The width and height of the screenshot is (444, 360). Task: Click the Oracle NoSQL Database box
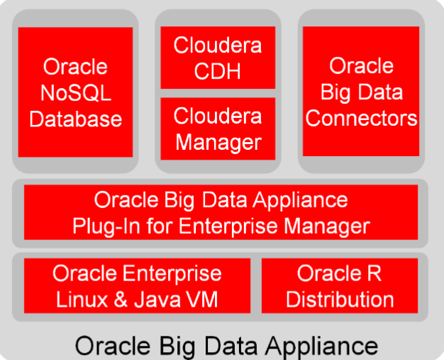coord(75,92)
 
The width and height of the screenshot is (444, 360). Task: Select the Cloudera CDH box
coord(218,58)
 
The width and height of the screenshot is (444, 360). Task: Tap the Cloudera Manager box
coord(218,129)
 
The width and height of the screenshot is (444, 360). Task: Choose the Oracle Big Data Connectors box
coord(361,92)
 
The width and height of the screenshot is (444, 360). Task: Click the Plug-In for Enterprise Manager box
coord(221,212)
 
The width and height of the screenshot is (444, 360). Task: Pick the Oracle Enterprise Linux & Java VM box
coord(137,285)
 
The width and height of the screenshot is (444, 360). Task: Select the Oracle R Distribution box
coord(340,285)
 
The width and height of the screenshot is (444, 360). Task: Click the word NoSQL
coord(76,92)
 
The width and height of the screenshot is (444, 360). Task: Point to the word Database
coord(76,118)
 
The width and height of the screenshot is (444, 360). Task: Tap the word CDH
coord(218,72)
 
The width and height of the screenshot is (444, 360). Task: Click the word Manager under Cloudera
coord(218,142)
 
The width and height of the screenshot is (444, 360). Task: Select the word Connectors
coord(362,117)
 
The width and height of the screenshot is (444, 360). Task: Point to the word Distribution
coord(340,299)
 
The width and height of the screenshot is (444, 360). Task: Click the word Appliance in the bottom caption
coord(323,346)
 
